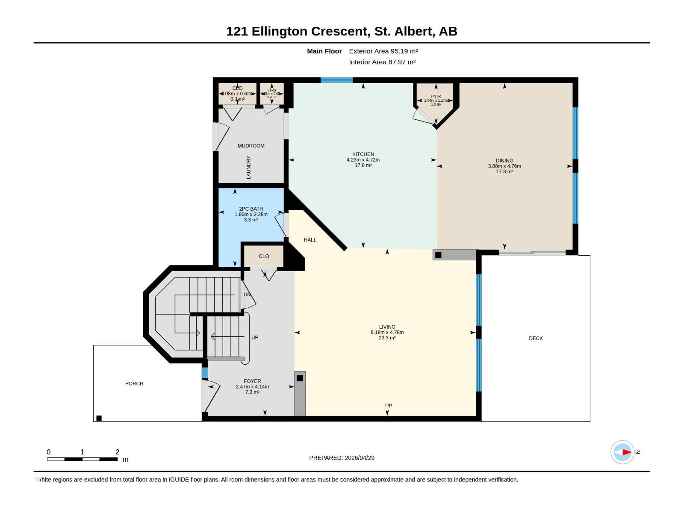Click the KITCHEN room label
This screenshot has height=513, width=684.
(363, 154)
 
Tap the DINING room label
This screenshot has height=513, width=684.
(504, 161)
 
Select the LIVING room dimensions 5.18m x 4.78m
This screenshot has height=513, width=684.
(387, 332)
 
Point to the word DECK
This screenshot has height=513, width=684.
(536, 338)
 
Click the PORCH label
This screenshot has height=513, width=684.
(134, 383)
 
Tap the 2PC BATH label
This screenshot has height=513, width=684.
(251, 209)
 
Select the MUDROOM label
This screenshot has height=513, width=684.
(251, 146)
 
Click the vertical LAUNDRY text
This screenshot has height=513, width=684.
(248, 167)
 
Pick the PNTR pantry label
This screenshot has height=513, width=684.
(436, 97)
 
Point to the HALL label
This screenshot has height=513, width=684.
(310, 240)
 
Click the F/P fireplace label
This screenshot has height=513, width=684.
(388, 406)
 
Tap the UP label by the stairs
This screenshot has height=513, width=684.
(255, 337)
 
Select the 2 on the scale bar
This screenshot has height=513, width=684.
(118, 452)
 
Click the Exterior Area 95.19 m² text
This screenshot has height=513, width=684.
(383, 51)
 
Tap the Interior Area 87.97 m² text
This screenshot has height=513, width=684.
(382, 62)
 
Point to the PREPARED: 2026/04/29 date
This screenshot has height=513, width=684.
(342, 458)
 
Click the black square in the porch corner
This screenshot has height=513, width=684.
(99, 418)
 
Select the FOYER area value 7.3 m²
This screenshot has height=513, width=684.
(252, 392)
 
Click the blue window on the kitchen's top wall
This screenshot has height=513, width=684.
(336, 80)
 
